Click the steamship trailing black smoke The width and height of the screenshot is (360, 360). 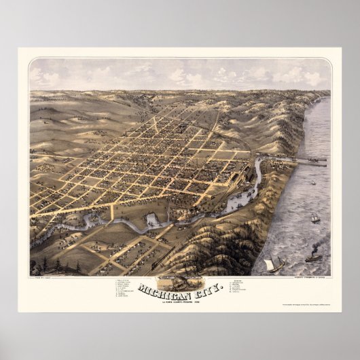pyautogui.click(x=314, y=257)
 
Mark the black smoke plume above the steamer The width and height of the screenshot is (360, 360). pyautogui.click(x=319, y=245)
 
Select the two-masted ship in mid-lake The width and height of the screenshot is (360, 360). pyautogui.click(x=316, y=217)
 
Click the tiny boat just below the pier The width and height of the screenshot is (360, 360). pyautogui.click(x=313, y=183)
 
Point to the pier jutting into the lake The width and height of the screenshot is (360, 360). pyautogui.click(x=309, y=162)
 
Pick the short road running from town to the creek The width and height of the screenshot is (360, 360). pyautogui.click(x=112, y=211)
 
